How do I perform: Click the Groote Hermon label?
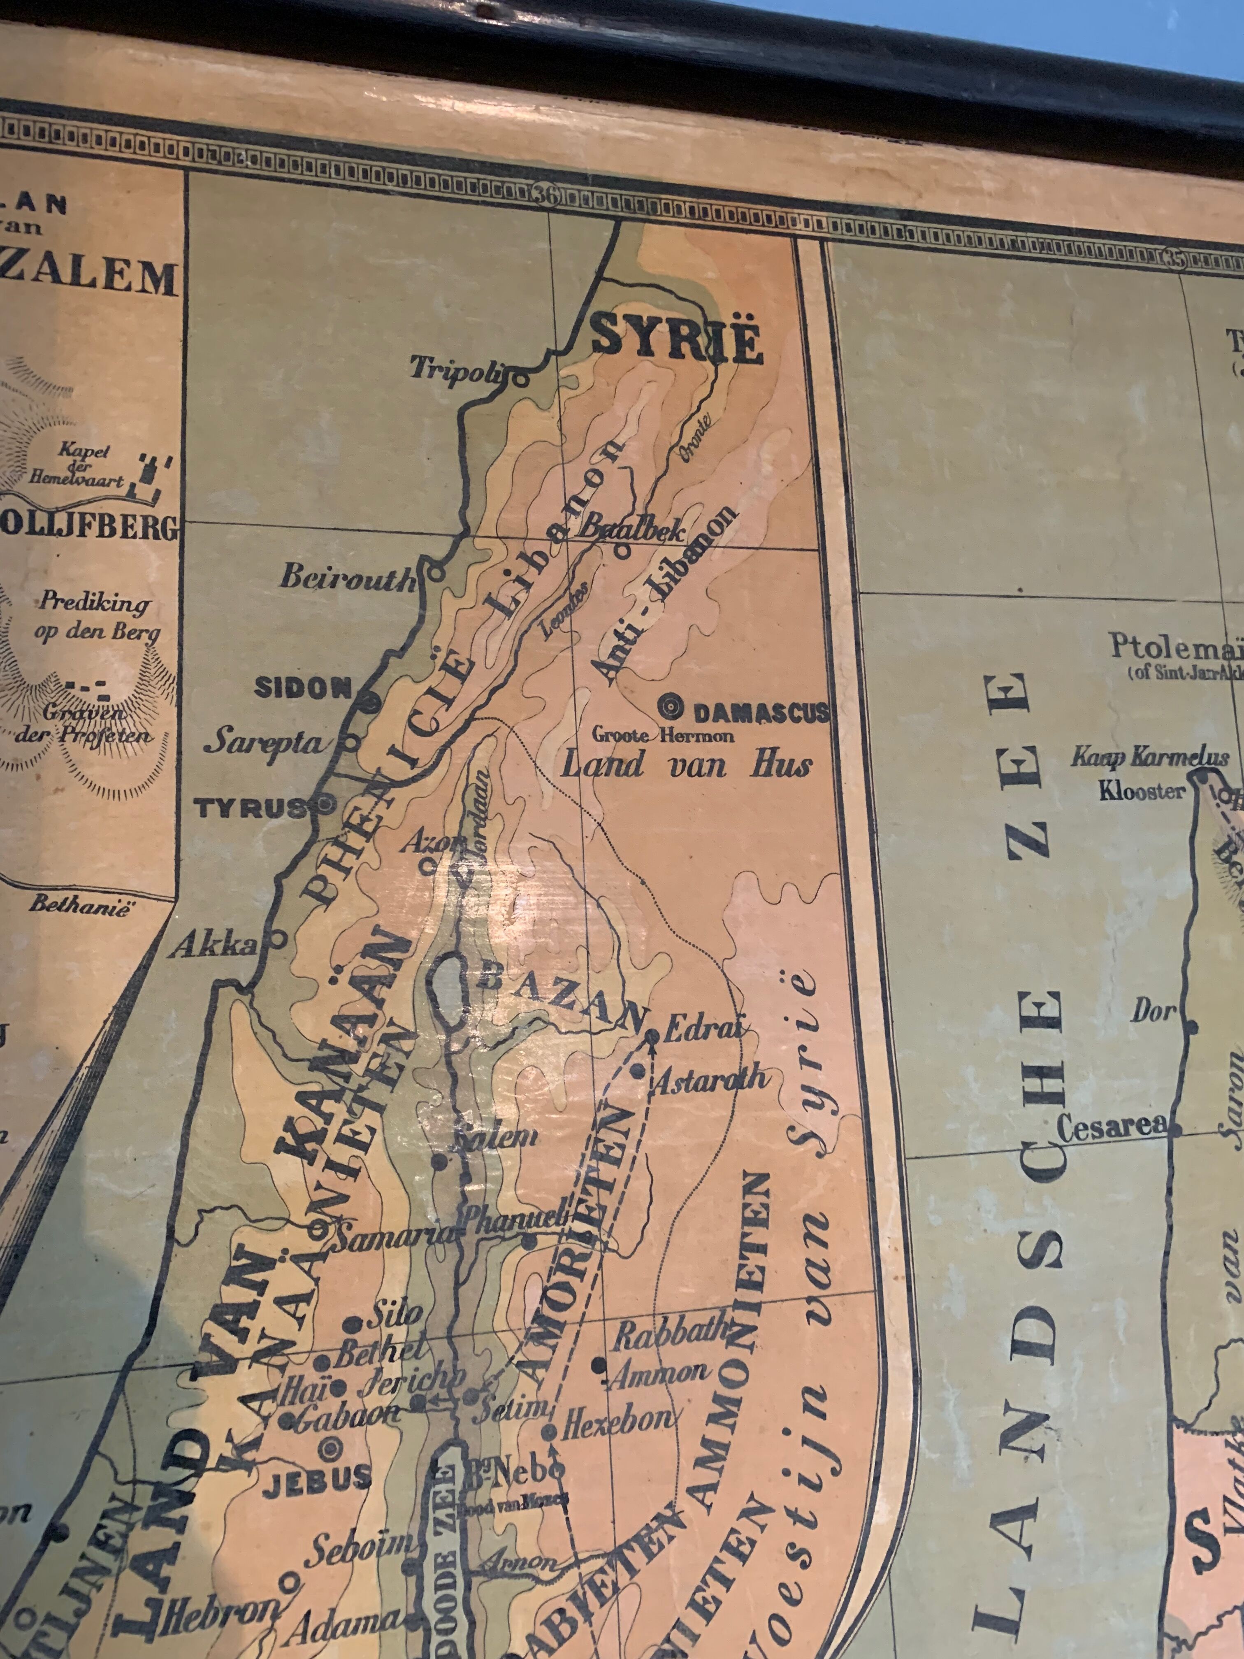(x=663, y=735)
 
